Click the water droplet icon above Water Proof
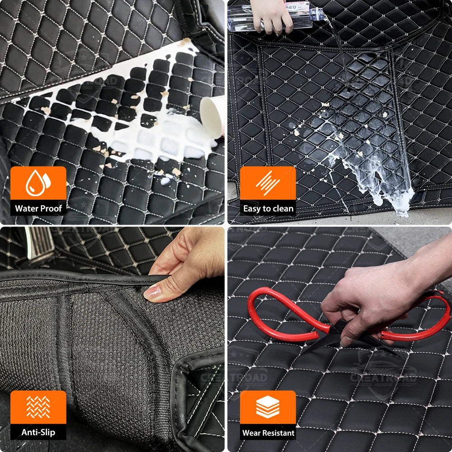pos(38,183)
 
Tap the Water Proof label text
pos(38,208)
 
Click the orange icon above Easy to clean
pos(268,183)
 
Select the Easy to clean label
pos(268,208)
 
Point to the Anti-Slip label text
pos(38,433)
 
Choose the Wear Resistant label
pos(268,433)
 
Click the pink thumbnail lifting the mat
pos(151,292)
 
